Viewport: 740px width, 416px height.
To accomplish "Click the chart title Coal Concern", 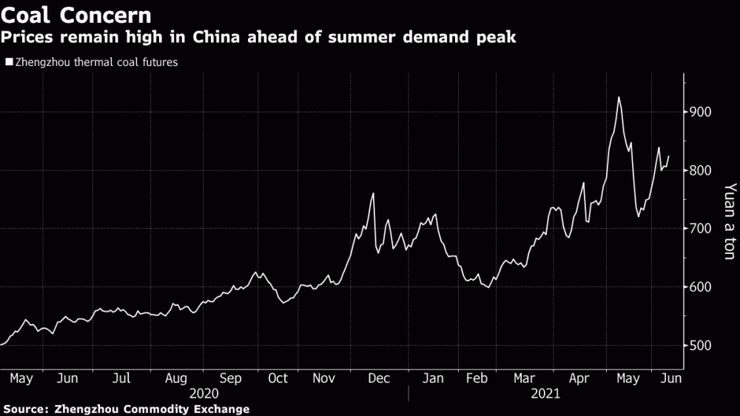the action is click(76, 15).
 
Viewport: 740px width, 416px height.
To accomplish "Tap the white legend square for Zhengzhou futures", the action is click(9, 62).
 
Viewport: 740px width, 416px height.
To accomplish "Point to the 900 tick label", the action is click(700, 112).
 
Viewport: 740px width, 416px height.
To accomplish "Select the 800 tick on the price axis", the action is click(700, 170).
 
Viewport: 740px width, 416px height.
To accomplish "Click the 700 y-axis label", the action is click(700, 229).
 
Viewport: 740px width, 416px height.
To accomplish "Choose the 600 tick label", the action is click(700, 286).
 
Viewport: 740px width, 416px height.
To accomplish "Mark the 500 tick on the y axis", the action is click(700, 345).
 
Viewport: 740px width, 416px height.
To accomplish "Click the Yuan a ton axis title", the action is click(730, 221).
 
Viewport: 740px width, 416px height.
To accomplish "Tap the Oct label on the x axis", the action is click(277, 378).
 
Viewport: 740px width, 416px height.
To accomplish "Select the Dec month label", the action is click(379, 378).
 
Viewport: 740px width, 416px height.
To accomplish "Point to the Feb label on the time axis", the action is click(477, 378).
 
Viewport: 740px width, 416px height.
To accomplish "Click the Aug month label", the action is click(176, 379).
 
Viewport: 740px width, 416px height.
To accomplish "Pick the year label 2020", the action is click(204, 393).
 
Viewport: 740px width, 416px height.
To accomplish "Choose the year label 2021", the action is click(545, 393).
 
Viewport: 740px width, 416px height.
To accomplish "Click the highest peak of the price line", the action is click(618, 97).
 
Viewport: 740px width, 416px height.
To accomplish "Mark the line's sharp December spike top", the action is click(373, 193).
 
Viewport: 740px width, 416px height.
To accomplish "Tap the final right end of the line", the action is click(668, 156).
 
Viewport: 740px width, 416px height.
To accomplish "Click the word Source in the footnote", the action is click(26, 409).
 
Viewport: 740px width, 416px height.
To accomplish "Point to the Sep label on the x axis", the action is click(230, 379).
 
